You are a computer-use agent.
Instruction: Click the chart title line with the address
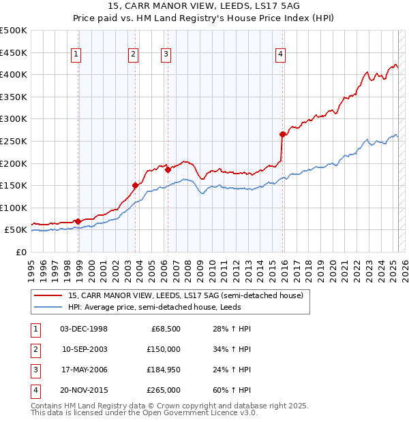coord(204,5)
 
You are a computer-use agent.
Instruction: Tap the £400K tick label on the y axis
coord(14,74)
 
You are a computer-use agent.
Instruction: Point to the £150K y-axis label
coord(14,185)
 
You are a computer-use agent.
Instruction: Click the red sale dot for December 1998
coord(78,221)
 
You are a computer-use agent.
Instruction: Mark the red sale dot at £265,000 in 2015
coord(282,134)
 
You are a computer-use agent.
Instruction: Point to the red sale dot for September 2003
coord(135,185)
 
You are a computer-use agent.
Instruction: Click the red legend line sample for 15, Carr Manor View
coord(48,295)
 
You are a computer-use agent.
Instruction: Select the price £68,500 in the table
coord(166,329)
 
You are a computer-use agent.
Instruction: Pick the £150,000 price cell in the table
coord(163,349)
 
